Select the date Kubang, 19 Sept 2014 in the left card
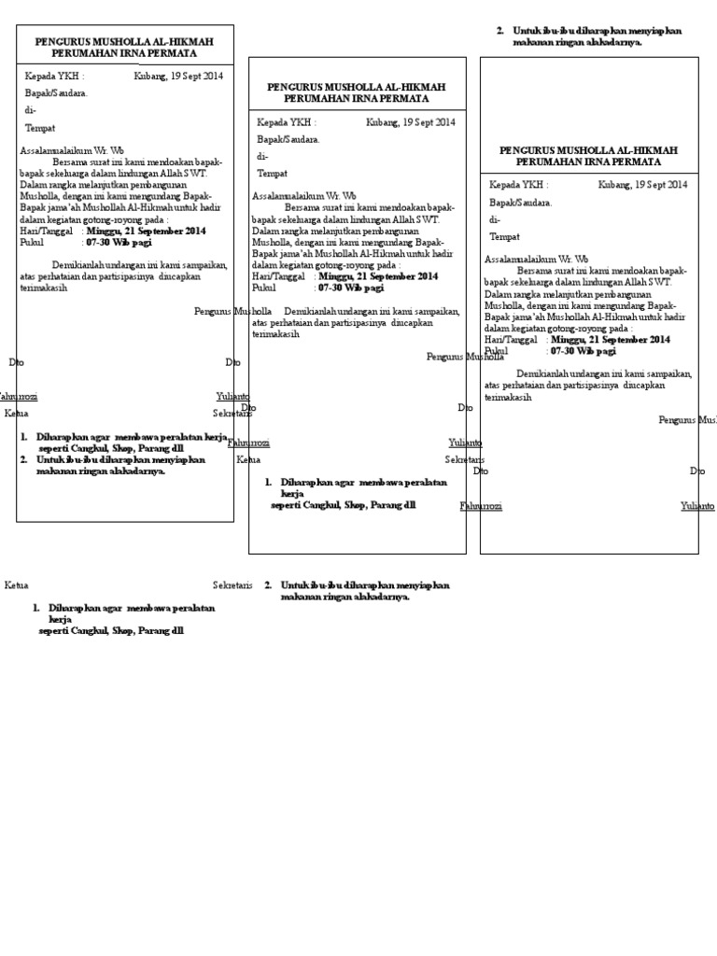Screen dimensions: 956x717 pos(178,77)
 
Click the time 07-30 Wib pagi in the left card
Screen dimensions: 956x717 pos(119,241)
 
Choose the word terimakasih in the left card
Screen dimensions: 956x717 pos(44,288)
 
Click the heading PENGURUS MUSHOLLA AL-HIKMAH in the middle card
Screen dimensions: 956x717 pos(356,87)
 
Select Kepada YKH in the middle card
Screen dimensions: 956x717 pos(286,121)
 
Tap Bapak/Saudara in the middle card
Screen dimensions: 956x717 pos(288,139)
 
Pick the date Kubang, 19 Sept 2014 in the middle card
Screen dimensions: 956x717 pos(411,121)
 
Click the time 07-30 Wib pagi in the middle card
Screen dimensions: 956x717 pos(351,288)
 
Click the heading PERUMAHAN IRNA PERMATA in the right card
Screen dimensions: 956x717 pos(588,162)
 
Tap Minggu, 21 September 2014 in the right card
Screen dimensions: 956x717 pos(611,340)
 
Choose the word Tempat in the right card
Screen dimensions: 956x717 pos(504,237)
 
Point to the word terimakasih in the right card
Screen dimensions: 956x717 pos(508,397)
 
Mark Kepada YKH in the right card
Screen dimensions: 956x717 pos(518,185)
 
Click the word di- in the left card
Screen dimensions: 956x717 pos(30,110)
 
